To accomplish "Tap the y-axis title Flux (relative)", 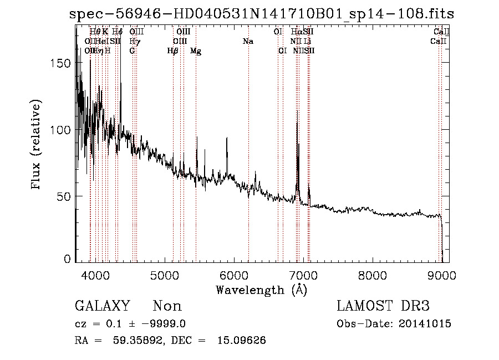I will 37,145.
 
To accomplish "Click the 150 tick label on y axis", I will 62,63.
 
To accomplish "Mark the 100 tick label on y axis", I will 62,130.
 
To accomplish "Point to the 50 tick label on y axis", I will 64,196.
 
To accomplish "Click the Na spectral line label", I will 248,42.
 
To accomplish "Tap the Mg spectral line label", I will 195,51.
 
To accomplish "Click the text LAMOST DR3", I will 383,306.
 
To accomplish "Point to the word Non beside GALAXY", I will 167,306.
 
